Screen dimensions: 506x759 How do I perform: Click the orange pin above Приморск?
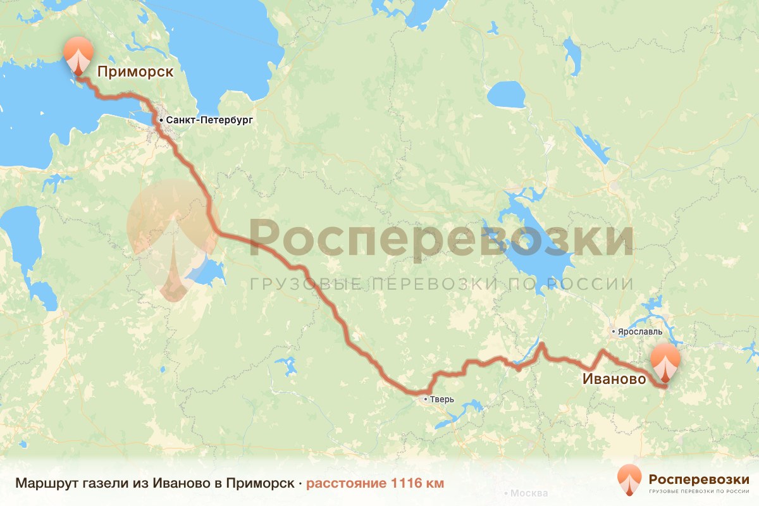(x=78, y=55)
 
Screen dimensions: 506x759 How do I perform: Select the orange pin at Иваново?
(x=666, y=362)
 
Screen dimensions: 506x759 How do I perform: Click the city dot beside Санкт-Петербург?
(x=161, y=120)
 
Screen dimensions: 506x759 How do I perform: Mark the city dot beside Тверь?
(x=426, y=400)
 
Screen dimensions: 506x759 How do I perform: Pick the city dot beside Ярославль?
(x=613, y=331)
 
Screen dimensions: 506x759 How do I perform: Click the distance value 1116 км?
(x=417, y=483)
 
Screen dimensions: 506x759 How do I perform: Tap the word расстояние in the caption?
(x=346, y=483)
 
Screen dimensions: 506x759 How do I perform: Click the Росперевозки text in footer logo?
(x=699, y=479)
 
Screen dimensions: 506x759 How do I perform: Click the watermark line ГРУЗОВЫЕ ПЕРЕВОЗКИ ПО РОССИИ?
(x=441, y=283)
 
